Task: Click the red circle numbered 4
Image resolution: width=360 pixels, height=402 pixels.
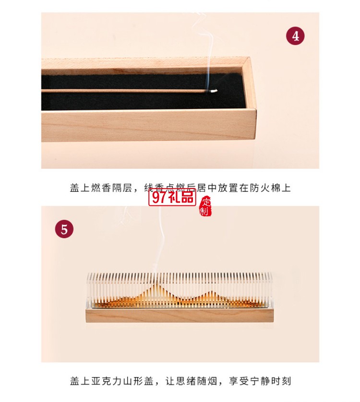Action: [296, 36]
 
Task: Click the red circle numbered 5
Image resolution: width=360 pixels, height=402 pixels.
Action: [65, 228]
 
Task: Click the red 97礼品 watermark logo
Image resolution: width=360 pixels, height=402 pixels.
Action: [172, 196]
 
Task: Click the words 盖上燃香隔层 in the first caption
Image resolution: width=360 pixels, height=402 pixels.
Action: [100, 188]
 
